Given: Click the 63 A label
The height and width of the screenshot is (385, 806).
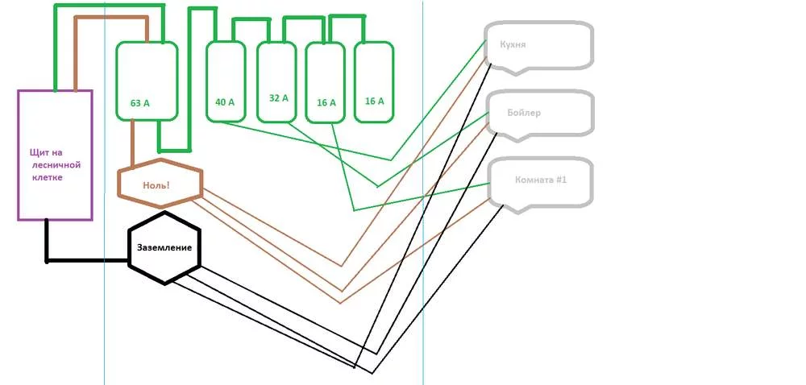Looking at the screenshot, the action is click(139, 103).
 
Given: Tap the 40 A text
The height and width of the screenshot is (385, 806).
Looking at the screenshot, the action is click(225, 102).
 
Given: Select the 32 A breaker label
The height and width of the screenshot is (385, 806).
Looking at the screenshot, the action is click(279, 98).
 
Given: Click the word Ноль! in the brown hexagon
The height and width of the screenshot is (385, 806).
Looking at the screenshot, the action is click(156, 185).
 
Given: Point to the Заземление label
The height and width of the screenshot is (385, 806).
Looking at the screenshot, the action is click(164, 247).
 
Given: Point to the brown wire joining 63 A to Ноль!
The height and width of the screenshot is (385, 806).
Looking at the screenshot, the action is click(133, 143).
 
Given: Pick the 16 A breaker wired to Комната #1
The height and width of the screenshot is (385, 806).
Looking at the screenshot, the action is click(326, 83).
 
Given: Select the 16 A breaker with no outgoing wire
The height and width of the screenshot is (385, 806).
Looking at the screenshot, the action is click(374, 81).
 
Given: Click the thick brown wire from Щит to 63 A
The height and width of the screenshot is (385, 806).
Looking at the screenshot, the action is click(110, 18).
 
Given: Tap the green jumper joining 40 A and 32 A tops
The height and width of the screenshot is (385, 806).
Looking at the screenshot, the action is click(251, 20).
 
